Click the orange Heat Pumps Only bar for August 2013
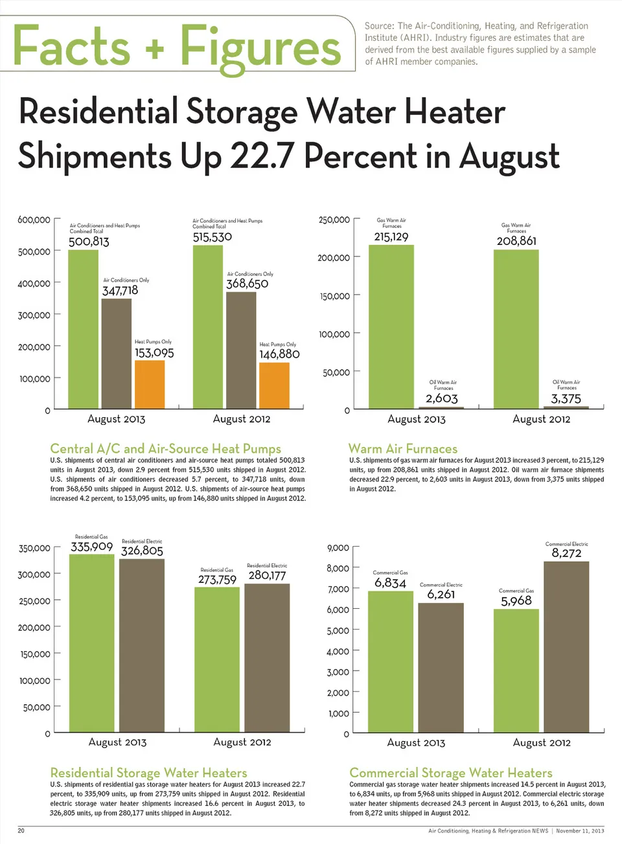(x=150, y=384)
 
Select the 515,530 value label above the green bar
(x=212, y=237)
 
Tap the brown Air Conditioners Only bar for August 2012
(x=241, y=350)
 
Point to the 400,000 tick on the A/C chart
(x=34, y=283)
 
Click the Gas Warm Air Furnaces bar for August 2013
(x=391, y=326)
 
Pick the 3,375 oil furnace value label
(x=566, y=399)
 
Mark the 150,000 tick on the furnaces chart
(x=334, y=296)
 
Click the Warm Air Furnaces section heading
(x=402, y=448)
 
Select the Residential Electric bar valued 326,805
(x=142, y=645)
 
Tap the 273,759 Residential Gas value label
(x=217, y=580)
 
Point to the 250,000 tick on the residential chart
(x=34, y=601)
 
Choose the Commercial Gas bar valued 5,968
(x=516, y=670)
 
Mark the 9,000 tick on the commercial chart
(x=338, y=548)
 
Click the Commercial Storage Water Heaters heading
(x=450, y=773)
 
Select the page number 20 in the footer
(x=21, y=830)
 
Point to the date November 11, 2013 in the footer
(x=580, y=830)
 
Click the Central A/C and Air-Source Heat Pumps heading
(x=165, y=448)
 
